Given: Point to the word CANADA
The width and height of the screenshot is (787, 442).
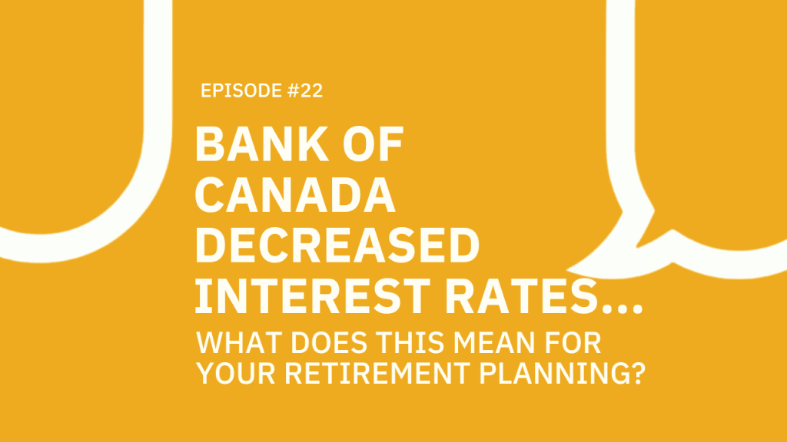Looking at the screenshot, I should point(296,196).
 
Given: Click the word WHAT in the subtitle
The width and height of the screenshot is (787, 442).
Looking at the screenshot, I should point(231,340).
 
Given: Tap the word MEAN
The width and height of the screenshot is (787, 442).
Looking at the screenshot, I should point(468,340).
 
